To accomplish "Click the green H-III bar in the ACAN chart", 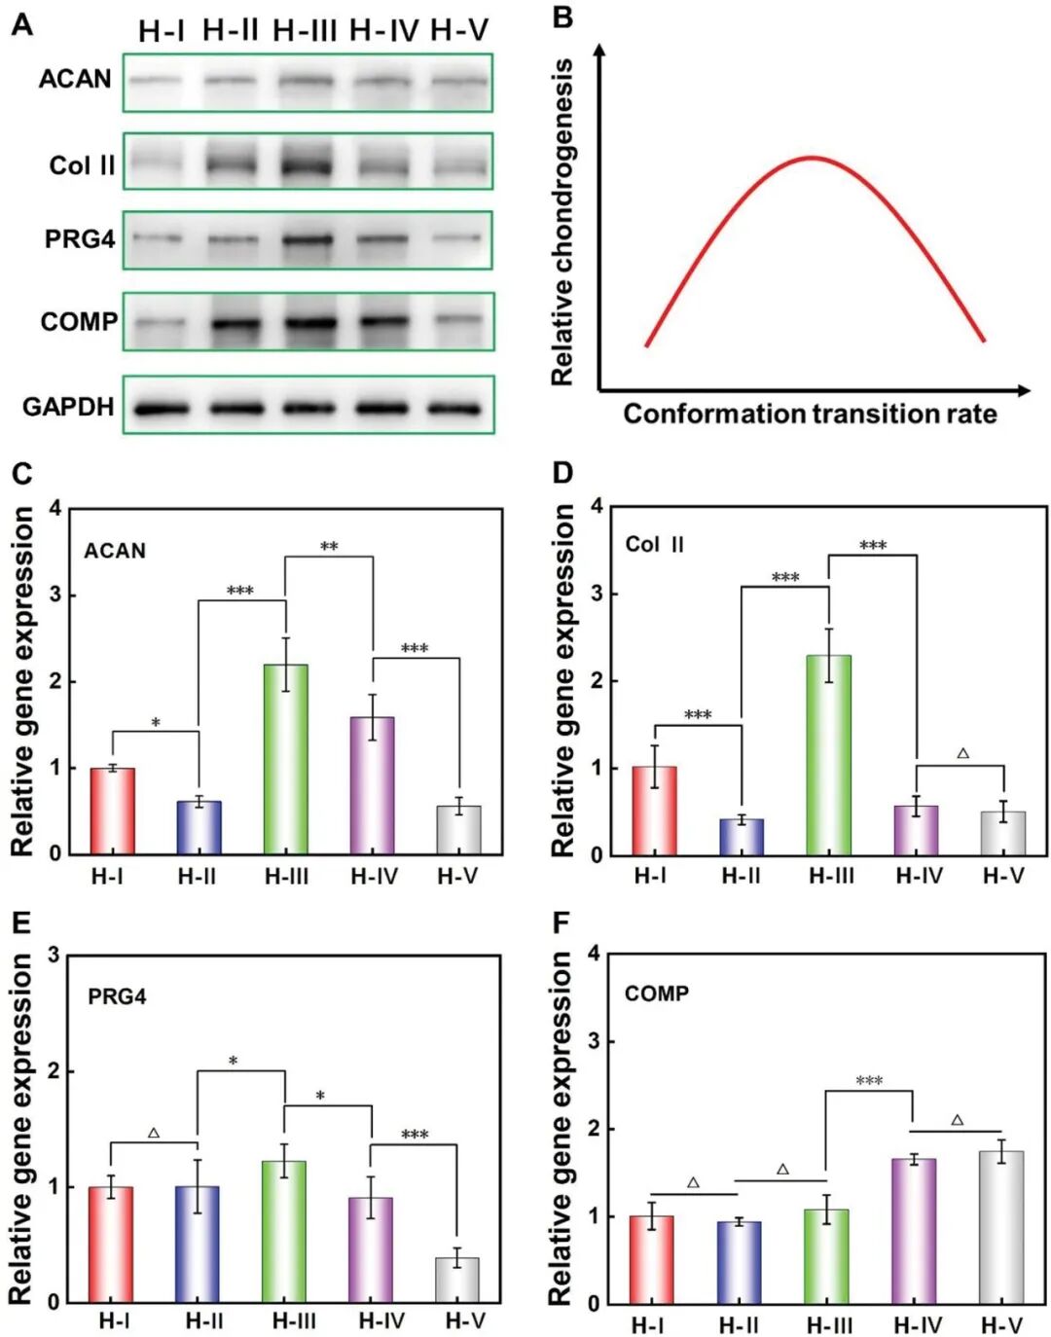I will (286, 759).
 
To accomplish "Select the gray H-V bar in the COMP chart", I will (1001, 1227).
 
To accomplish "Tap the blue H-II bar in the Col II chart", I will (742, 837).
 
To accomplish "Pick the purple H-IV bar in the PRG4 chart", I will (371, 1249).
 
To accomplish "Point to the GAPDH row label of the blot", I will (68, 407).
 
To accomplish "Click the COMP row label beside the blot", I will (79, 321).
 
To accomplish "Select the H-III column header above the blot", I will (305, 31).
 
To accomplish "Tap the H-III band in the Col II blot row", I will (306, 164).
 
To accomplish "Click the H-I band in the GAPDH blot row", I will (162, 409).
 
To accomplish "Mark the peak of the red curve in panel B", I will (813, 158).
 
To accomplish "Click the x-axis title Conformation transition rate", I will (810, 415).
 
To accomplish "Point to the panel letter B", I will (562, 18).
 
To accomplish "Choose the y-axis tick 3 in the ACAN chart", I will (55, 595).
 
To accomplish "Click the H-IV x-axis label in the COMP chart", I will (918, 1325).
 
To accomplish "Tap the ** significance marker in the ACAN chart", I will (329, 547).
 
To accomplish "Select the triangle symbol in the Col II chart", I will (962, 753).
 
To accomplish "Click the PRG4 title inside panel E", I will (117, 996).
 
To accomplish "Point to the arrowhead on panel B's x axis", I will (1024, 390).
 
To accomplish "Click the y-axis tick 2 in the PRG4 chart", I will (53, 1071).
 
